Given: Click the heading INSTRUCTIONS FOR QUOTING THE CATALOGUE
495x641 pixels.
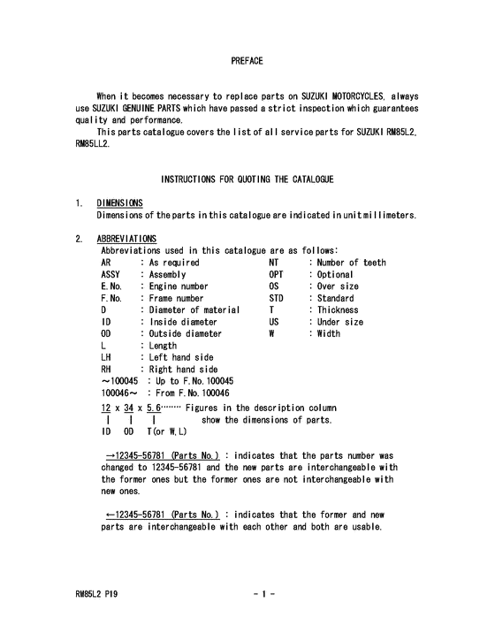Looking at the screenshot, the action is pyautogui.click(x=247, y=180).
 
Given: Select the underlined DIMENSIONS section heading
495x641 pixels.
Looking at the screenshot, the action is pyautogui.click(x=122, y=203).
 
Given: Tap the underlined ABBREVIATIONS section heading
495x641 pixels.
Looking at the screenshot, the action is pyautogui.click(x=126, y=239).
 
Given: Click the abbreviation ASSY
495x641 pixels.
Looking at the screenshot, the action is pyautogui.click(x=112, y=275).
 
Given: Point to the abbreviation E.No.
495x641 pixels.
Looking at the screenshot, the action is pyautogui.click(x=113, y=286).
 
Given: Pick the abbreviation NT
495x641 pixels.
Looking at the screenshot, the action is pyautogui.click(x=274, y=263).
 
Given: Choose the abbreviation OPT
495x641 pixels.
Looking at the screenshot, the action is pyautogui.click(x=277, y=275).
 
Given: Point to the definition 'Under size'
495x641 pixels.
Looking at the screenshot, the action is pyautogui.click(x=339, y=323).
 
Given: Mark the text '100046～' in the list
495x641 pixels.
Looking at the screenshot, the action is pyautogui.click(x=118, y=393).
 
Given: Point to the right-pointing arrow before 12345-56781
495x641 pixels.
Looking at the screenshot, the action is pyautogui.click(x=108, y=455).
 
